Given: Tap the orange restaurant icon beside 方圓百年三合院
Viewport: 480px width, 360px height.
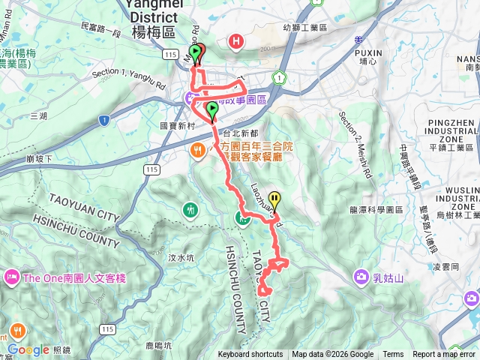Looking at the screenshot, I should pos(198,149).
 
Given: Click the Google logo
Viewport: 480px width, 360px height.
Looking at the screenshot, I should pos(28,349).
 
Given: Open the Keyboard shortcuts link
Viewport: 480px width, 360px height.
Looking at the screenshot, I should pos(250,355).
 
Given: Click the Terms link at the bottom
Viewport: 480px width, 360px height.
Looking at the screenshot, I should pos(393,355).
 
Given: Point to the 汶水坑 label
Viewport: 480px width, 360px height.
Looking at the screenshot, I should pos(181,257).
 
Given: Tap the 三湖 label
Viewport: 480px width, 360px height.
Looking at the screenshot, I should pos(38,116).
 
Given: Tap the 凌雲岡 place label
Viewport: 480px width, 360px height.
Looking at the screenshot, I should pos(435,266).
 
